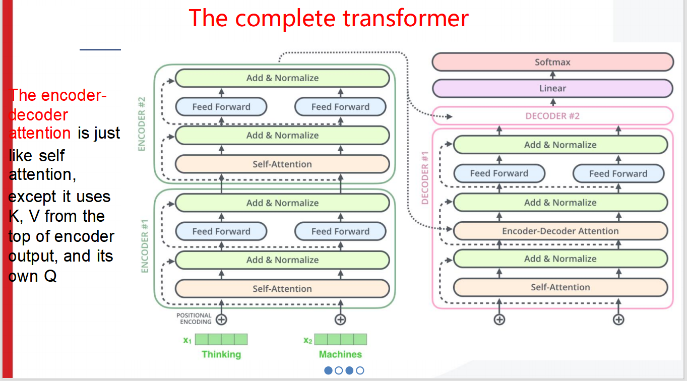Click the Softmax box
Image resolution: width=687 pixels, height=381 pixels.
coord(552,62)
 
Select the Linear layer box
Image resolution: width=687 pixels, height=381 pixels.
coord(552,88)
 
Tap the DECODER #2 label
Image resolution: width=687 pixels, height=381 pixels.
coord(552,116)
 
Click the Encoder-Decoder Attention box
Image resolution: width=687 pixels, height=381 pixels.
coord(560,231)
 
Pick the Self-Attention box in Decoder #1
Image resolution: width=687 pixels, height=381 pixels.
coord(560,287)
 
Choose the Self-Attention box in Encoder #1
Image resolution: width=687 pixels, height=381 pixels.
coord(282,289)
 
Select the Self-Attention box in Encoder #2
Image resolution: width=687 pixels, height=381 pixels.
coord(282,164)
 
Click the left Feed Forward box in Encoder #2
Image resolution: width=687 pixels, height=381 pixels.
coord(221,107)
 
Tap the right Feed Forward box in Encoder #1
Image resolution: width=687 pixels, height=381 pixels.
coord(340,231)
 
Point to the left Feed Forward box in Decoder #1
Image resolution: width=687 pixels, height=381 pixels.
coord(499,173)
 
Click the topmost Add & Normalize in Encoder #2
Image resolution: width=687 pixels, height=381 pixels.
coord(282,78)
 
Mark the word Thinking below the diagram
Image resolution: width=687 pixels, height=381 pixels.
coord(221,354)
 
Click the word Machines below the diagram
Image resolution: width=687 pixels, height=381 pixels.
coord(340,354)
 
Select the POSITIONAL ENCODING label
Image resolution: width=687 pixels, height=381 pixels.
coord(194,319)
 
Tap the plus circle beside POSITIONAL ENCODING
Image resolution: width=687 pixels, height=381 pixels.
coord(221,320)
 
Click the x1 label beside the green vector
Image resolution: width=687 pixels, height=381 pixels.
coord(187,340)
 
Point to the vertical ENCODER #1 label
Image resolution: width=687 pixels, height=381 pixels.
coord(145,246)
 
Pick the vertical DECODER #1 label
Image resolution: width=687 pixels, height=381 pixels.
coord(425,178)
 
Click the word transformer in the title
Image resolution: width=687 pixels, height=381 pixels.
coord(405,19)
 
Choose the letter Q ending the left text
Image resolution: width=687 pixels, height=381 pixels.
coord(50,276)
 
